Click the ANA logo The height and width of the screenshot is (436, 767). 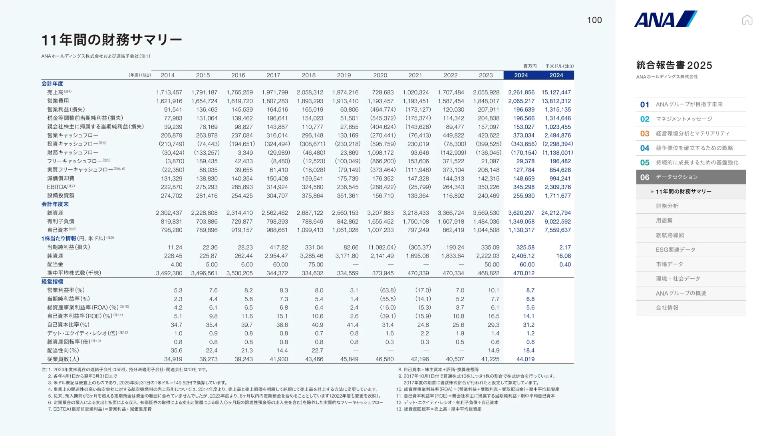[x=666, y=19]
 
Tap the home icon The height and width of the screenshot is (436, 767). [x=747, y=20]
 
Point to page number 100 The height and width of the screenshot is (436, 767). [x=594, y=20]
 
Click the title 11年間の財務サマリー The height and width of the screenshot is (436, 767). [x=112, y=40]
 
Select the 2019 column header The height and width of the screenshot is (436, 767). [x=344, y=75]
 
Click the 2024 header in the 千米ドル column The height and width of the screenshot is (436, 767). [x=556, y=75]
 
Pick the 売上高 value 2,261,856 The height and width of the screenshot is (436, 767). [x=521, y=92]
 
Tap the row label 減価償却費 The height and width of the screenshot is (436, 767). [x=61, y=178]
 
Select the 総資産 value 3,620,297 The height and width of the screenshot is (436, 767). [x=521, y=213]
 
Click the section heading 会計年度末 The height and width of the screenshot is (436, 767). [x=55, y=204]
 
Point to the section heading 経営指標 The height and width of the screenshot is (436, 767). [x=52, y=282]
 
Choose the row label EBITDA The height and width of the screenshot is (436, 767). [x=57, y=187]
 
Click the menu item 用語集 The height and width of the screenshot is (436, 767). [x=664, y=220]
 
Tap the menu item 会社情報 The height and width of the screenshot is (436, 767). [x=667, y=308]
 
